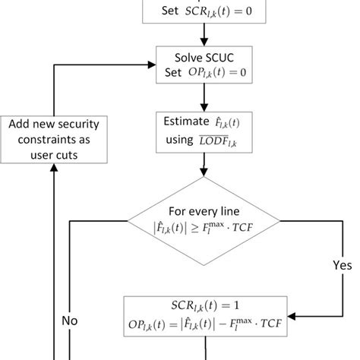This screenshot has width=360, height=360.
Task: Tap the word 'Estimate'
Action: [188, 122]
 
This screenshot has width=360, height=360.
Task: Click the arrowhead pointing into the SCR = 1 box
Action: [292, 314]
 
